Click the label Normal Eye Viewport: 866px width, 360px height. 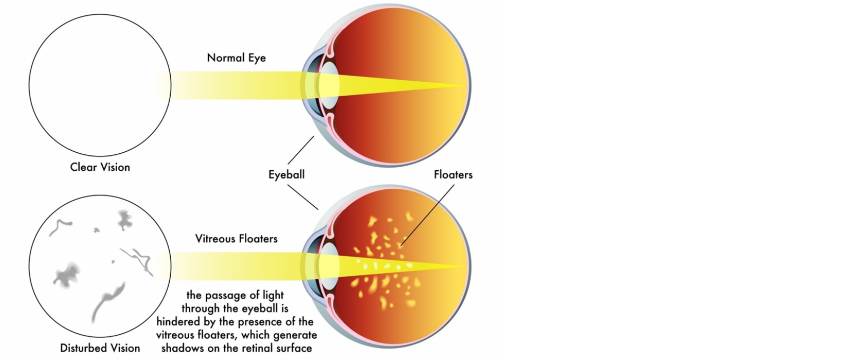point(236,58)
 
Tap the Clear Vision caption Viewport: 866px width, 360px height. point(100,167)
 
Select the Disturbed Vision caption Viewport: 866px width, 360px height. point(100,348)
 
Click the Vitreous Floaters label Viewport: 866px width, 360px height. point(236,239)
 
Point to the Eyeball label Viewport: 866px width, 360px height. point(286,174)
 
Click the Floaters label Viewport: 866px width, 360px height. point(453,174)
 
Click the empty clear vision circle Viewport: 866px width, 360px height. point(100,85)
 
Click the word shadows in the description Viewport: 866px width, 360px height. point(180,348)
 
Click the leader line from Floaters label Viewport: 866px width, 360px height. point(428,213)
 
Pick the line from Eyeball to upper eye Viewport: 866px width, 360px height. point(300,150)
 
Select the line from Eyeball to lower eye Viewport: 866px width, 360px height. point(302,196)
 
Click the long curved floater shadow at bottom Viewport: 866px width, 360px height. point(106,300)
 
